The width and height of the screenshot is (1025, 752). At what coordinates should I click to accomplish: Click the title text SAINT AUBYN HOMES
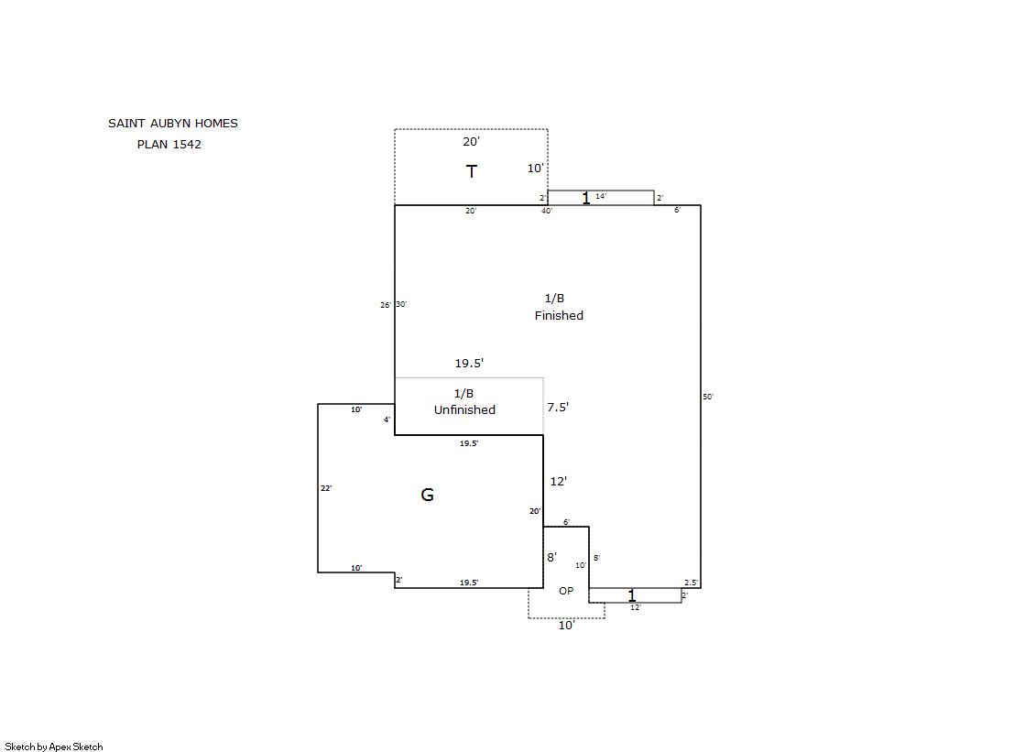pos(172,123)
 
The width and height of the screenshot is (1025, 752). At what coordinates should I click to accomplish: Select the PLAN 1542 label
pos(169,145)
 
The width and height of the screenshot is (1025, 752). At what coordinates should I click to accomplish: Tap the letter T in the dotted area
pos(472,171)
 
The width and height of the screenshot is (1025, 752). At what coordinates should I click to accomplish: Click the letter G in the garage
pos(427,495)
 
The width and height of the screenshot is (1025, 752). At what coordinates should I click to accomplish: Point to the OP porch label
pos(566,591)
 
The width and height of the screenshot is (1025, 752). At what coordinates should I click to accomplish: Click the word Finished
pos(559,315)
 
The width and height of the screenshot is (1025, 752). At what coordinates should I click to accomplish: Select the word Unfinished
pos(464,410)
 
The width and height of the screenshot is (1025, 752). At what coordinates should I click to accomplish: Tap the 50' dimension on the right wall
pos(708,397)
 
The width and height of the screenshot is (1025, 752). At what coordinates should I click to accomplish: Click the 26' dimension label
pos(386,305)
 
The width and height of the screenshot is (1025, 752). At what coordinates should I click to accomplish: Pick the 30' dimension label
pos(401,304)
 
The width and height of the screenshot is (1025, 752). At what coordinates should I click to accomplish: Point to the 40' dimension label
pos(547,211)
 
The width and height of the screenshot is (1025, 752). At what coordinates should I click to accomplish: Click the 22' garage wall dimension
pos(326,488)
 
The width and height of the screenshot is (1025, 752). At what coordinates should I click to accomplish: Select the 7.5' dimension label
pos(558,407)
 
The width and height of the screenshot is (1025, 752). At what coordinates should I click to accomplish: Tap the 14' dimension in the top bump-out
pos(601,195)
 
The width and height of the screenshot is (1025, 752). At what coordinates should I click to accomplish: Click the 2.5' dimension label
pos(691,582)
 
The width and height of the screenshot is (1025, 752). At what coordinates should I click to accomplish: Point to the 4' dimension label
pos(387,420)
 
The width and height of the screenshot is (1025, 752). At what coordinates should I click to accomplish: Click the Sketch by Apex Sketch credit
pos(54,747)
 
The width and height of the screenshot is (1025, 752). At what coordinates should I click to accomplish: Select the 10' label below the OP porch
pos(566,626)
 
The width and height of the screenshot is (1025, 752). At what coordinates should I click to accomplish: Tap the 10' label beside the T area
pos(535,168)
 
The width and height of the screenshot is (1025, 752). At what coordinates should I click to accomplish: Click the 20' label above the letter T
pos(472,141)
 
